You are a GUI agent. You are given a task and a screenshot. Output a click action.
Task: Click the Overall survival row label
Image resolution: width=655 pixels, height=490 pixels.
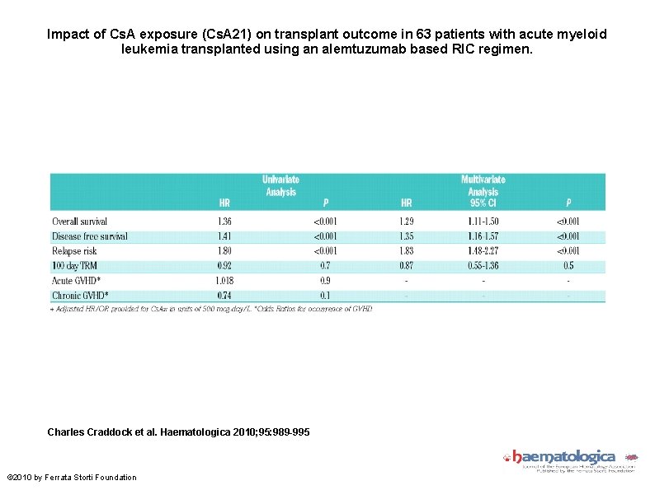click(79, 222)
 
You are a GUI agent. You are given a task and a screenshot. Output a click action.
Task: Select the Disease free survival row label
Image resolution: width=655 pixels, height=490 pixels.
click(89, 236)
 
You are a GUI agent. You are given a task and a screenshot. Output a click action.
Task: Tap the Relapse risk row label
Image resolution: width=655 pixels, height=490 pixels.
click(74, 251)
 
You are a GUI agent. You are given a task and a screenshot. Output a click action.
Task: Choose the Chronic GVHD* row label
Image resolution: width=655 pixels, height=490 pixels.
click(79, 295)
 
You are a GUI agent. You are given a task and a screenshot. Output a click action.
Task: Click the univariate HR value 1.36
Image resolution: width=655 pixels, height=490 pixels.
click(225, 222)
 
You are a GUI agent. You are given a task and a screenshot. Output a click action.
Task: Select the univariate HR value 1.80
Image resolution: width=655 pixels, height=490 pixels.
click(225, 251)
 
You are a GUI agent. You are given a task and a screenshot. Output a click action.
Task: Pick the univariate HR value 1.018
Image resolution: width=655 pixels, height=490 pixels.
click(225, 281)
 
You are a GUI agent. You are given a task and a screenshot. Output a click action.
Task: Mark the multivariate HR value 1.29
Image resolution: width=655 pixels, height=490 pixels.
click(407, 222)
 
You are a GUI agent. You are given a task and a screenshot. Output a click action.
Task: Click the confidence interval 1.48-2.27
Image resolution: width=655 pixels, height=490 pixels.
click(483, 251)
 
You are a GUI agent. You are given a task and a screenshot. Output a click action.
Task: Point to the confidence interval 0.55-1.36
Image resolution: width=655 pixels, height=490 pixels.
click(483, 266)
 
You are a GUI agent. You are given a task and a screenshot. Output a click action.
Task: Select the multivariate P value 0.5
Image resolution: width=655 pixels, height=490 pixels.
click(568, 266)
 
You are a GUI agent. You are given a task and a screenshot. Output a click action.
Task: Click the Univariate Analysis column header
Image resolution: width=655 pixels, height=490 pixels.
click(280, 185)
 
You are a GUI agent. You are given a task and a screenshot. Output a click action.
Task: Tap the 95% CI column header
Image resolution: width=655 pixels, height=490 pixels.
click(483, 203)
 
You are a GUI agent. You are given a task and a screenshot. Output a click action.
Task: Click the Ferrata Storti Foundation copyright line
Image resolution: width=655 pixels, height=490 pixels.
click(73, 478)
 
